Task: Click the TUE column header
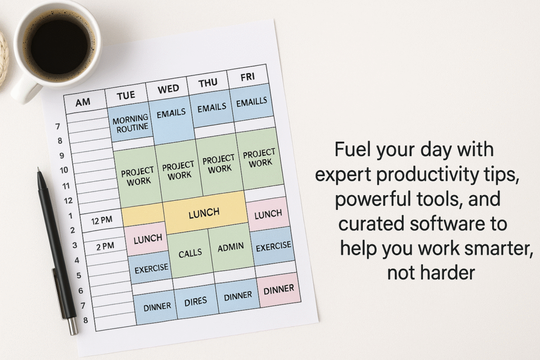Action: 126,95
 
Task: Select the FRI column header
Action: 248,77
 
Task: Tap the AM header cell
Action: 83,102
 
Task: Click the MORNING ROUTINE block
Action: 130,123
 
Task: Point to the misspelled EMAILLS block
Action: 252,102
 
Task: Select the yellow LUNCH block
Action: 205,213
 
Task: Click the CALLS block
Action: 190,254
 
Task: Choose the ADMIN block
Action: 230,247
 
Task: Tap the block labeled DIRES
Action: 196,302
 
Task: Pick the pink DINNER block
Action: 278,290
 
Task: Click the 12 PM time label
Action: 102,220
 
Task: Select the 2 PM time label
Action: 105,246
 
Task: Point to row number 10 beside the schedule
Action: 64,170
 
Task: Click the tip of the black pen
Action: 38,169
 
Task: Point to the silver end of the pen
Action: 73,326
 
